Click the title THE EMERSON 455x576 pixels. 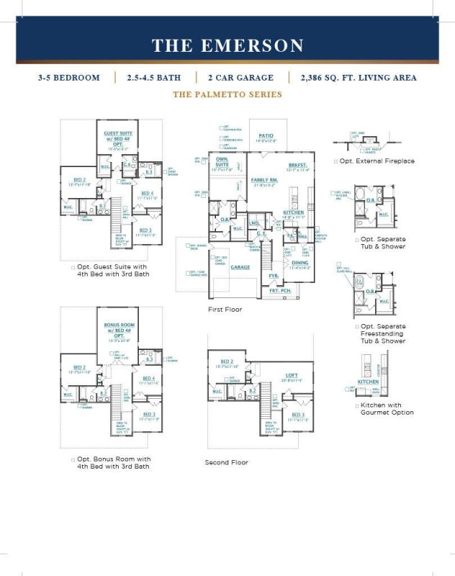(227, 45)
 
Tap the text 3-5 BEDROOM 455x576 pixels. (69, 77)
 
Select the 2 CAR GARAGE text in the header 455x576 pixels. (241, 77)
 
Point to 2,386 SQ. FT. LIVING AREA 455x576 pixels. (355, 77)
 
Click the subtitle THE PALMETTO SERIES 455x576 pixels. (227, 94)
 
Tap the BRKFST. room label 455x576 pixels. (297, 165)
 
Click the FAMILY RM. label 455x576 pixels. (264, 179)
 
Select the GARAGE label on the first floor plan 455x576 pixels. (240, 266)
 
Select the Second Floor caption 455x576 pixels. (226, 462)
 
